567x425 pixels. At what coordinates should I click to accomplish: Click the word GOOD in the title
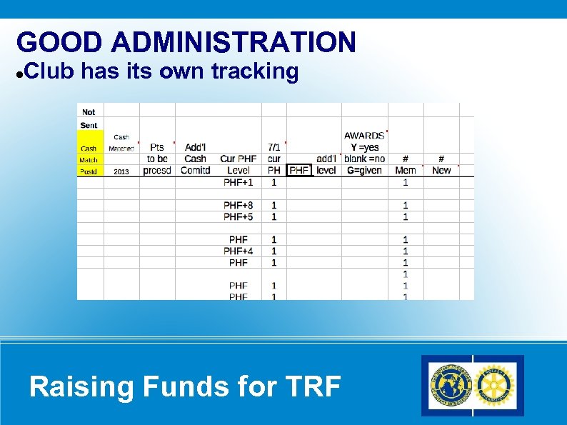point(59,43)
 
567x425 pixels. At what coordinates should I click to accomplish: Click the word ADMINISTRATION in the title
point(234,43)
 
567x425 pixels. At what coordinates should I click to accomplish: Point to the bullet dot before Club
point(20,73)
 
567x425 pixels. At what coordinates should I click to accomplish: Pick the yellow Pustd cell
point(89,171)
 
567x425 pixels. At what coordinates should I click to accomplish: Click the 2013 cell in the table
point(121,171)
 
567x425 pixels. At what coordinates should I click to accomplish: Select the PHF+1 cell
point(239,182)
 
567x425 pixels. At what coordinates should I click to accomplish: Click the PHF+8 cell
point(239,206)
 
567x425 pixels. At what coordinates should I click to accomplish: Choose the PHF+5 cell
point(239,216)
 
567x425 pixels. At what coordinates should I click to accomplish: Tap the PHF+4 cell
point(239,251)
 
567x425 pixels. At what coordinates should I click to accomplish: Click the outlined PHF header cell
point(299,170)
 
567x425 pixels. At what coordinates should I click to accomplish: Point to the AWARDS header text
point(364,136)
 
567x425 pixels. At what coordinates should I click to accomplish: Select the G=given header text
point(364,170)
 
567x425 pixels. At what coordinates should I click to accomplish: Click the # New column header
point(441,164)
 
